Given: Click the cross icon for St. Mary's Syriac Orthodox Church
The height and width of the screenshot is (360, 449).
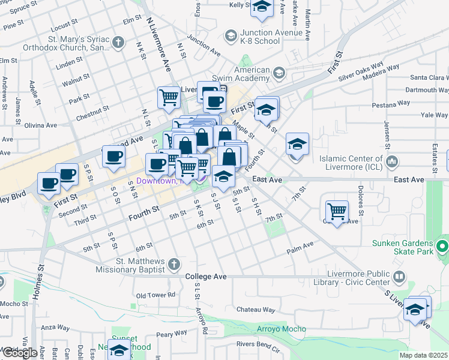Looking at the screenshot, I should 119,43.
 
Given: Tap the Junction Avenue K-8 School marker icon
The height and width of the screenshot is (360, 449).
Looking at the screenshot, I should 231,37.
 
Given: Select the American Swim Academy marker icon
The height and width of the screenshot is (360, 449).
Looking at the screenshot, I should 279,74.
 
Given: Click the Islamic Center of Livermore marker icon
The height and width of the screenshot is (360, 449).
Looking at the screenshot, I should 392,161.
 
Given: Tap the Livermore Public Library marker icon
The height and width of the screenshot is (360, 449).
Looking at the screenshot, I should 399,277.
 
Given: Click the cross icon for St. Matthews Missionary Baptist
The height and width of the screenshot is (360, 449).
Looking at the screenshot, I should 174,265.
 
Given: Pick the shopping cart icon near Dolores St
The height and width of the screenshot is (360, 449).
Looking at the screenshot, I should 337,211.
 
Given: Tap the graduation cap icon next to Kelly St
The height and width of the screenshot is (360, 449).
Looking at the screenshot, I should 261,7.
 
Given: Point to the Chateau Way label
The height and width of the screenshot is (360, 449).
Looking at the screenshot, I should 256,310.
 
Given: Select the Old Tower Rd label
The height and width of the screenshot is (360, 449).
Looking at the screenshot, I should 155,295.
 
